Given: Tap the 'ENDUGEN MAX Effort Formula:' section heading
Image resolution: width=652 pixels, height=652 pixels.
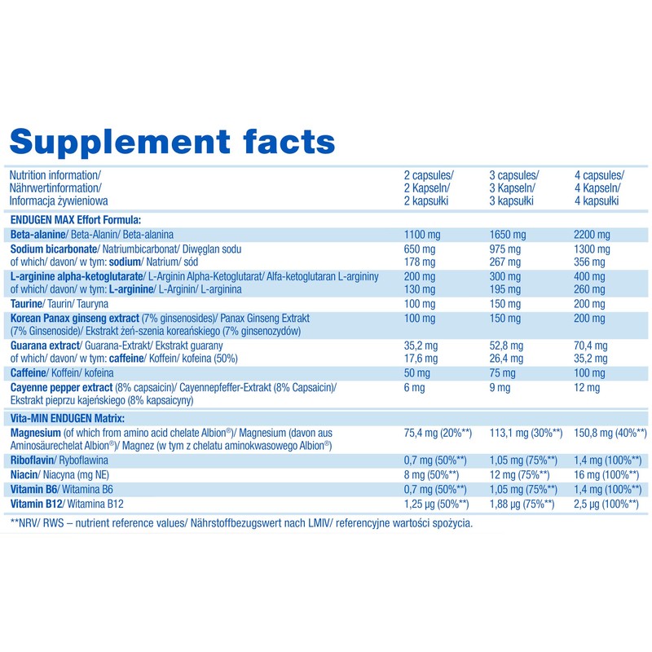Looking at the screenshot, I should point(75,219).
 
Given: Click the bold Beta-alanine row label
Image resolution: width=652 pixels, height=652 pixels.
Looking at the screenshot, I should point(38,235).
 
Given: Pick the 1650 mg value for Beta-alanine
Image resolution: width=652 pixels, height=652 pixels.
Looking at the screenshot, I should point(508,235).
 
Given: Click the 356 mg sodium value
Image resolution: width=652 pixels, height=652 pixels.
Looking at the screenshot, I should point(590,262).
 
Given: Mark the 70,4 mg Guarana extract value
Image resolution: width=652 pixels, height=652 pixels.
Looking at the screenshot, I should point(592,346).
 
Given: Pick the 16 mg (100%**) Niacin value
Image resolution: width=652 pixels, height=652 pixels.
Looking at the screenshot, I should point(606,474).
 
